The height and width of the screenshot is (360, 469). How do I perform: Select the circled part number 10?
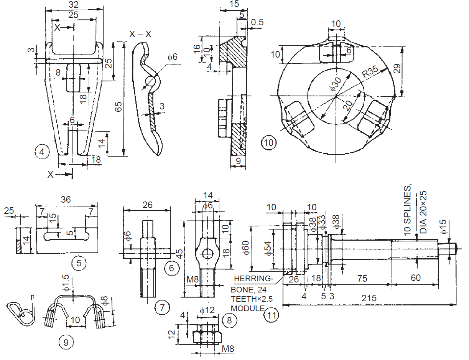(x=268, y=143)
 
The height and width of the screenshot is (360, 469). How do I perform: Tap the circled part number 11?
(x=271, y=315)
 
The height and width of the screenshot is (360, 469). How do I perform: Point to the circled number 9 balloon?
(x=66, y=342)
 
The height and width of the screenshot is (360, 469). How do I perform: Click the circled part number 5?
(x=79, y=263)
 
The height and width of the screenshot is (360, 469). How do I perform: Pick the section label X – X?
(x=140, y=35)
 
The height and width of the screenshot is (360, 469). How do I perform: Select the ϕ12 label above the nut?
(x=207, y=310)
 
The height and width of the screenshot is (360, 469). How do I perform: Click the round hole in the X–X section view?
(x=150, y=82)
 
